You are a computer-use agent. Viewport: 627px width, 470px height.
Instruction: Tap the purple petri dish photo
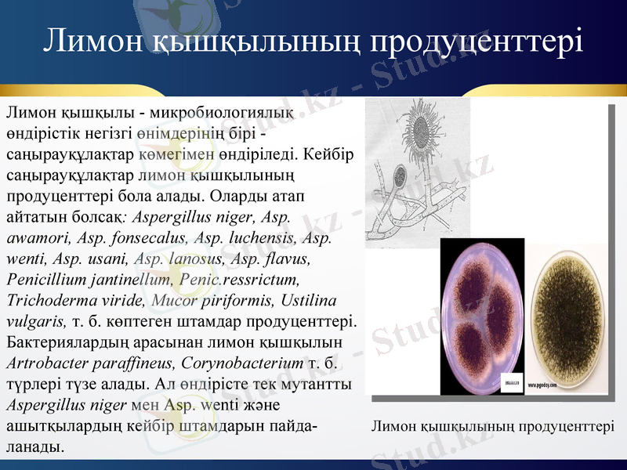point(480,316)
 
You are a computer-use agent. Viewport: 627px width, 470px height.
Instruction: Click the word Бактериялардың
point(66,342)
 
